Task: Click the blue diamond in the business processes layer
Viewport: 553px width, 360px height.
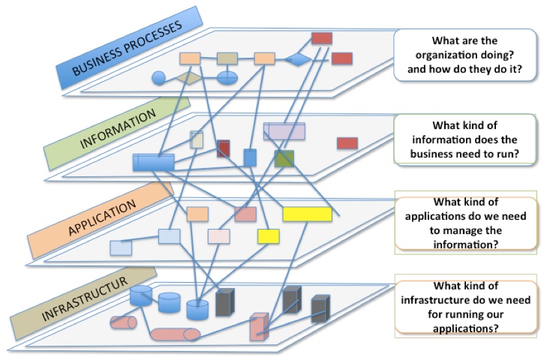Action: tap(297, 60)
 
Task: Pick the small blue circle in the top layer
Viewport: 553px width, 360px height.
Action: tap(158, 78)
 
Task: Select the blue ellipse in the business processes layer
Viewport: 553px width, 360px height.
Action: tap(227, 78)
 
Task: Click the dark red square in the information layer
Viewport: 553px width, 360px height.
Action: tap(223, 149)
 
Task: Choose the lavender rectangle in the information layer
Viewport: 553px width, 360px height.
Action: tap(284, 132)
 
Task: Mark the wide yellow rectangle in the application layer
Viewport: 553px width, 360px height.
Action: tap(307, 214)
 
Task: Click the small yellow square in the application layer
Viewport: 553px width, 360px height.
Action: tap(268, 236)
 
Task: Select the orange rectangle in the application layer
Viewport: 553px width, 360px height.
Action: tap(197, 214)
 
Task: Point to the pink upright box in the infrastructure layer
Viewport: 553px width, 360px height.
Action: tap(259, 326)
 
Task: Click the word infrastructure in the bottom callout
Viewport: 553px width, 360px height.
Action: tap(436, 300)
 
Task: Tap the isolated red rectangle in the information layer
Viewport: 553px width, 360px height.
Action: tap(347, 143)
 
